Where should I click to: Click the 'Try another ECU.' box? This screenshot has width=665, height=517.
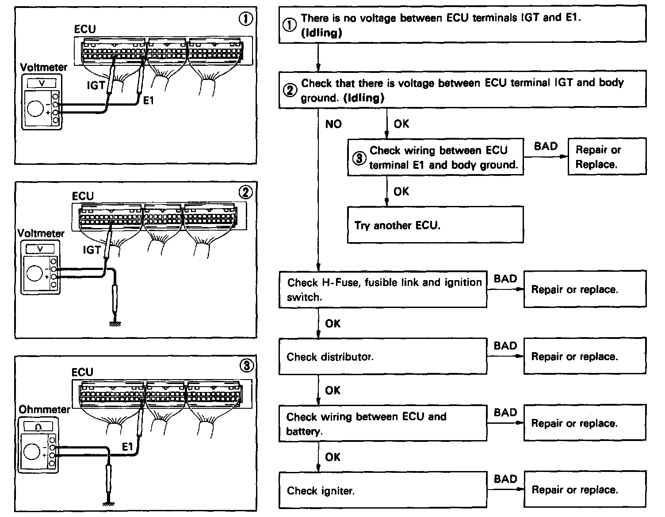point(435,225)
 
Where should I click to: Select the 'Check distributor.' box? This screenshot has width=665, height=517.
point(382,356)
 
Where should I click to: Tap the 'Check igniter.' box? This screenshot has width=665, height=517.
point(382,490)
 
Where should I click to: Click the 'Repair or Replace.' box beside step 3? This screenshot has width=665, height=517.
point(607,156)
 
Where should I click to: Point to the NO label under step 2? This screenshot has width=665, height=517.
point(333,124)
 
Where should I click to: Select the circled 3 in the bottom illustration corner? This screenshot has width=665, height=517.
point(246,366)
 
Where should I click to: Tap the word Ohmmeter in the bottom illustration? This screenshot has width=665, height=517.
point(44,409)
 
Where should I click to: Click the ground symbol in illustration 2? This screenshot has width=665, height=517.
point(115,323)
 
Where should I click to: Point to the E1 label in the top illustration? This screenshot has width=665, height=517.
point(149,101)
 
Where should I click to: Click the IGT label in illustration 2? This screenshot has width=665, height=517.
point(92,250)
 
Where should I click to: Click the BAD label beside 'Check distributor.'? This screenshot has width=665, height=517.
point(505,346)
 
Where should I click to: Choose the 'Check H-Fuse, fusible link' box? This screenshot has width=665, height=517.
point(382,289)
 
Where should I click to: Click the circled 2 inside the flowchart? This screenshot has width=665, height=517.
point(290,91)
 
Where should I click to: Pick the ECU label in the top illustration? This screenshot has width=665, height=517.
point(85,29)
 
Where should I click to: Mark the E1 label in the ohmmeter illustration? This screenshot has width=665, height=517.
point(127,447)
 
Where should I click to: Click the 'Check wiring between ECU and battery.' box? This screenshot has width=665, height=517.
point(382,423)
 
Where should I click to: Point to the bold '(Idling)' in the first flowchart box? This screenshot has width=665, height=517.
point(321,33)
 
